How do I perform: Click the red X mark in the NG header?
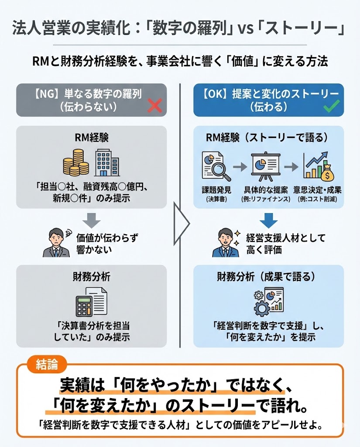[155, 106]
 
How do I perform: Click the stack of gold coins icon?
[75, 162]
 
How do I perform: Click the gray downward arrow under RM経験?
[91, 220]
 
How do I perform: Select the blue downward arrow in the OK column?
[268, 219]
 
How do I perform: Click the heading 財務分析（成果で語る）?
[268, 276]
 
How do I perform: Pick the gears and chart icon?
[268, 302]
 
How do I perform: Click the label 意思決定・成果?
[319, 191]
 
